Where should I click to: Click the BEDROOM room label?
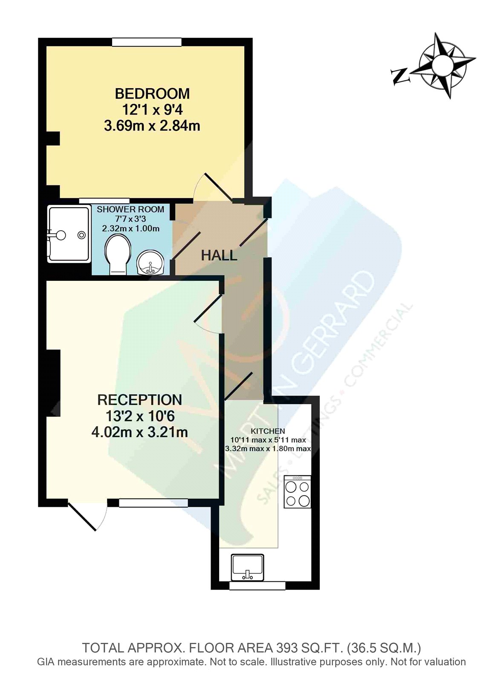click(152, 94)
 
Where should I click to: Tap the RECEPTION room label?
click(140, 400)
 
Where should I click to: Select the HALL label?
click(219, 255)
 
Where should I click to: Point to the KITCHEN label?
click(268, 431)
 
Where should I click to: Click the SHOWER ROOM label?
click(130, 209)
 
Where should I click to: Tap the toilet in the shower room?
click(118, 254)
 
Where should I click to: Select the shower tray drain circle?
click(81, 234)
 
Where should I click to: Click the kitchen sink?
click(247, 567)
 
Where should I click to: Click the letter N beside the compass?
click(400, 76)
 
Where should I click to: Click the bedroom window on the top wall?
click(147, 42)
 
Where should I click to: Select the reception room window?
click(153, 503)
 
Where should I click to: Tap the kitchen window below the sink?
click(257, 586)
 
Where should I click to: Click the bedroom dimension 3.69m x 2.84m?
click(152, 126)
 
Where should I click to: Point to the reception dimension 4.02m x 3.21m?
click(140, 432)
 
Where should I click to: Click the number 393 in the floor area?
click(286, 648)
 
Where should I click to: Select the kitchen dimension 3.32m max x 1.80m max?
click(268, 448)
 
